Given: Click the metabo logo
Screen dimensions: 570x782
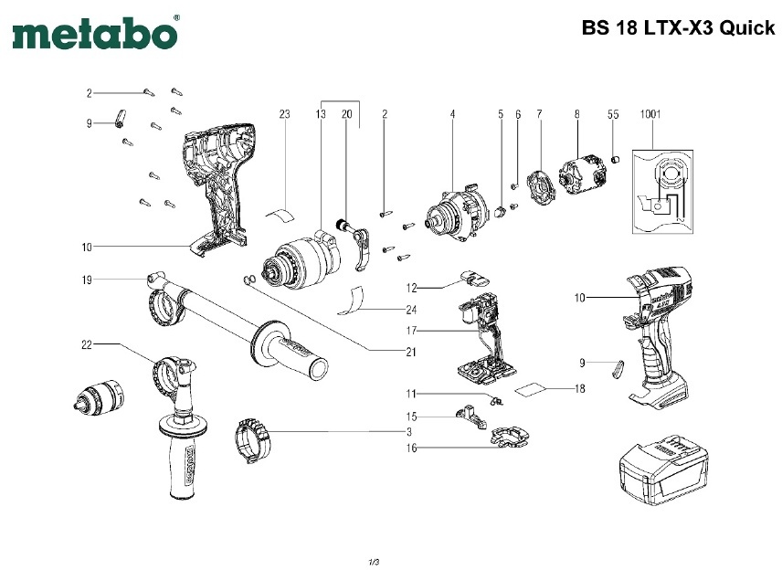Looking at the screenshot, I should click(95, 34).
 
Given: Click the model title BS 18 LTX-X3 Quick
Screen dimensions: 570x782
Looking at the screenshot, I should click(678, 27).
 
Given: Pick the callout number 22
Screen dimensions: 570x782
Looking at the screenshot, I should click(87, 344).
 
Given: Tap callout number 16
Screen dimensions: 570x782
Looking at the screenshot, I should click(412, 448).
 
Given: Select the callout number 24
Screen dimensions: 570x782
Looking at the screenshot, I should click(412, 309).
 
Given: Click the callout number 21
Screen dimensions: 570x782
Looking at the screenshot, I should click(412, 352).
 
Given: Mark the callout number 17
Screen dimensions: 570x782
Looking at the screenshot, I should click(412, 329).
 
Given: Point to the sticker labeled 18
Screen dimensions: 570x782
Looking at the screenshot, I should click(534, 389).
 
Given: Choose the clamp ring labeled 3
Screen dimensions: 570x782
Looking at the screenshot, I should click(253, 438).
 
